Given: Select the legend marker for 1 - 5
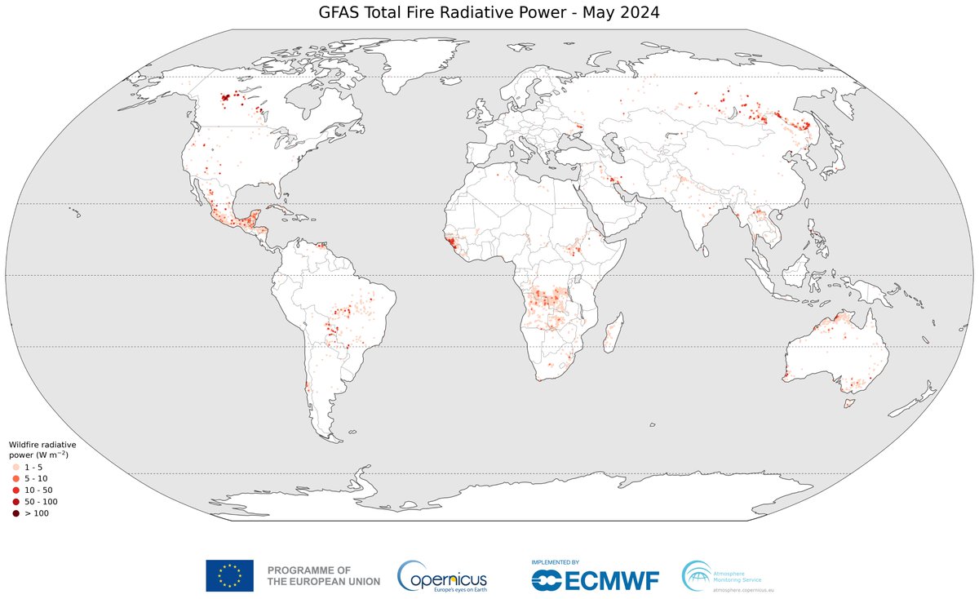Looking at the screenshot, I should (16, 467).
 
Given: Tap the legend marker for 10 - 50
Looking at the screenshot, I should (16, 490).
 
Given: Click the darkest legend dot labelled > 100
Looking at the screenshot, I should (16, 512).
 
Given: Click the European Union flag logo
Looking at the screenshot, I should (229, 575).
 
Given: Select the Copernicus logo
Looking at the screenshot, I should (441, 576).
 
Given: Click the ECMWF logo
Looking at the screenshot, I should (595, 579).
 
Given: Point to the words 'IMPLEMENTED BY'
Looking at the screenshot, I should (555, 562).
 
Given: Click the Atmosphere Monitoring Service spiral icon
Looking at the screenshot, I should (696, 575).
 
